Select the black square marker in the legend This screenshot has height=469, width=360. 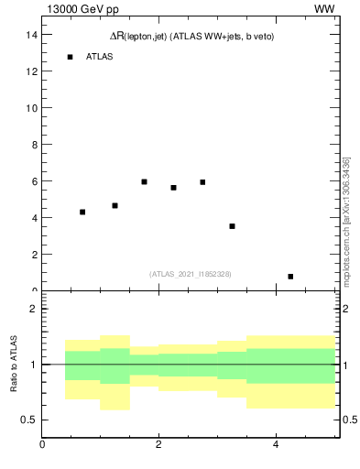coord(70,57)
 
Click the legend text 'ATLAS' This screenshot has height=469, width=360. coord(99,57)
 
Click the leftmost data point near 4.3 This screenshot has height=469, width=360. coord(82,212)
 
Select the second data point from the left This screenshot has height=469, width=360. coord(115,205)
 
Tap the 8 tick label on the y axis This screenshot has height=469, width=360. coord(33,145)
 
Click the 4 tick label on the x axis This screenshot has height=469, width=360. coord(276,445)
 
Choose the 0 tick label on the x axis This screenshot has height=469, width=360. coord(42,445)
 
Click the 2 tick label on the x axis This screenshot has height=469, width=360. coord(158,445)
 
